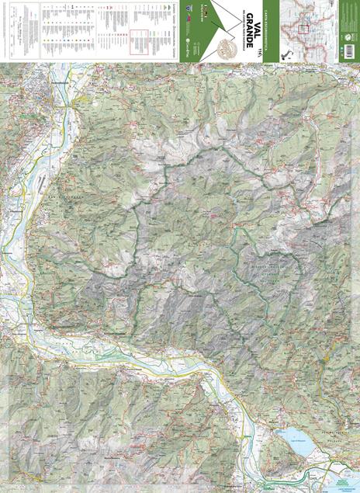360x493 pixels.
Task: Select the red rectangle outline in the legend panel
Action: (x=140, y=40)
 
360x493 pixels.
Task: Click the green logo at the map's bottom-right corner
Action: (x=345, y=481)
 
